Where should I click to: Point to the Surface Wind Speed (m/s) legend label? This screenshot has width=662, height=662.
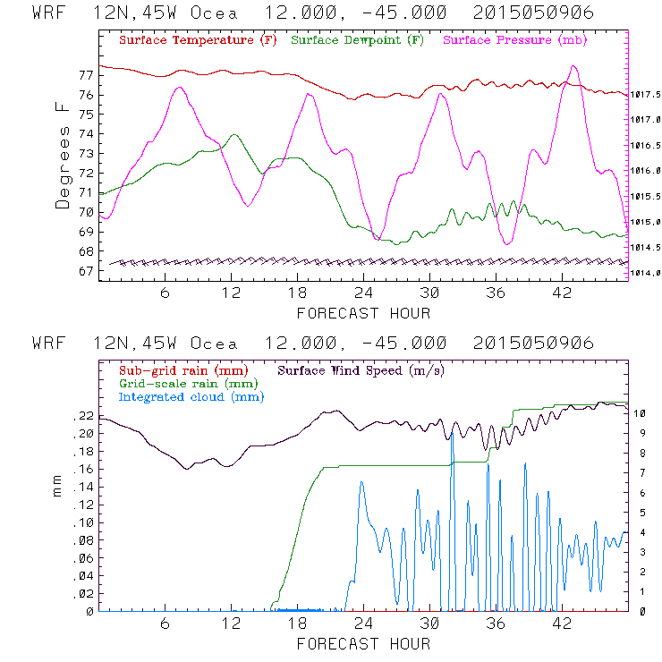362,370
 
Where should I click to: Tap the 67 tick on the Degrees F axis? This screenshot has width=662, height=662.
85,271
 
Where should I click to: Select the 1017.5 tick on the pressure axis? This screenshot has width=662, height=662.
645,93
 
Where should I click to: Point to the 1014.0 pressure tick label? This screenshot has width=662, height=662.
645,273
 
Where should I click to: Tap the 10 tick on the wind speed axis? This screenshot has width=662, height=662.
641,414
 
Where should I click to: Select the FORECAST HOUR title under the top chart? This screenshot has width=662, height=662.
363,313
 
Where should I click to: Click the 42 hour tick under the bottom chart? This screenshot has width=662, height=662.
562,624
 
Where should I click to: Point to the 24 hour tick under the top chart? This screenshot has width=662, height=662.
363,293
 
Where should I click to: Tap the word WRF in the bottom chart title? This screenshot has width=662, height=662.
49,344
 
